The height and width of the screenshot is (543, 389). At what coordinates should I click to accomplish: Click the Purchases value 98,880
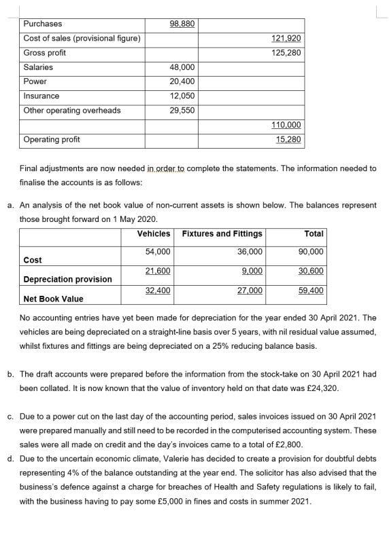(x=182, y=24)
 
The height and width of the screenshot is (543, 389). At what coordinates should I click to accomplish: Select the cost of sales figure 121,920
(x=286, y=38)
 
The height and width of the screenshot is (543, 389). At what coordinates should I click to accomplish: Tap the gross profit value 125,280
(x=286, y=53)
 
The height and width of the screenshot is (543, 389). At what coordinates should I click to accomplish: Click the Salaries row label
(x=38, y=67)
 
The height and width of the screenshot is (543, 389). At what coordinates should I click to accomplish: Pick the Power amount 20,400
(x=182, y=81)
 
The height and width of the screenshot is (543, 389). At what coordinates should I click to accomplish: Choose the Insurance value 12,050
(x=182, y=96)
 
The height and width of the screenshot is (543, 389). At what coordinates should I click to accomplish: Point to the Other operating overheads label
(x=72, y=110)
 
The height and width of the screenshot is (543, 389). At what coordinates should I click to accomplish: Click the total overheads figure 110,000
(x=286, y=125)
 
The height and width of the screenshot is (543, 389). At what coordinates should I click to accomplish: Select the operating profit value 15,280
(x=288, y=139)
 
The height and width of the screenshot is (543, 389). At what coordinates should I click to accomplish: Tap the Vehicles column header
(x=154, y=233)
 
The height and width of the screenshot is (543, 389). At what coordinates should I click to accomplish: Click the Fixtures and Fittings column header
(x=222, y=233)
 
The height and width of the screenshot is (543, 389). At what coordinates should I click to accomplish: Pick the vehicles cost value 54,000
(x=158, y=251)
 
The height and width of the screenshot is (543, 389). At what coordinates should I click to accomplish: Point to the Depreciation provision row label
(x=67, y=280)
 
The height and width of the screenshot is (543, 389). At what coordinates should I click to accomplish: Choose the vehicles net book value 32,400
(x=158, y=291)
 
